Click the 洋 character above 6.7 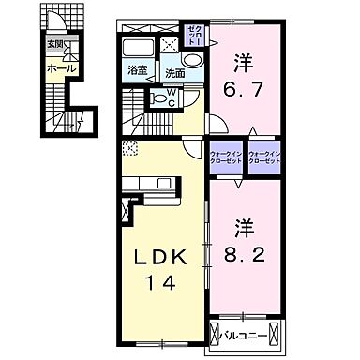pos(245,63)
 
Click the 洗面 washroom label pos(174,71)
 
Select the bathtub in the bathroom pos(139,51)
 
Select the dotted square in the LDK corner pos(129,146)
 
